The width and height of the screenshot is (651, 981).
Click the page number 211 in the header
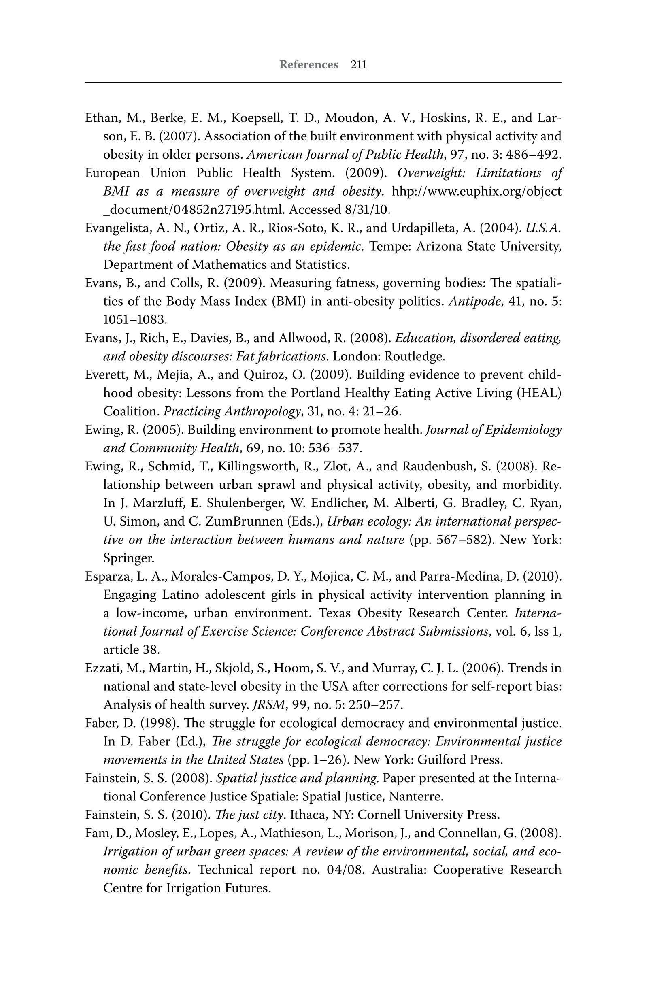[359, 65]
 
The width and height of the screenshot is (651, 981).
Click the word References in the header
[308, 65]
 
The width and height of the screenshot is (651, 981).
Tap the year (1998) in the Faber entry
[160, 723]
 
